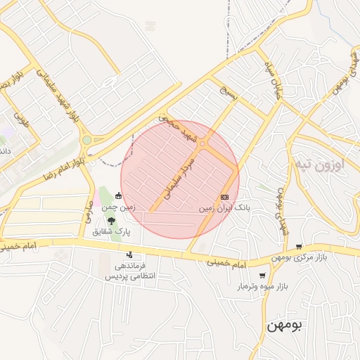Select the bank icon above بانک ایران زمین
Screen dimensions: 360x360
point(225,197)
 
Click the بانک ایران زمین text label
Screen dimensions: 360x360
point(224,209)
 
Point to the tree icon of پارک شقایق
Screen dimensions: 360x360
point(111,221)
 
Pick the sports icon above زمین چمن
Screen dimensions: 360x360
point(118,195)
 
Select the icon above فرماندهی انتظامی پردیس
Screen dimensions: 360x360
point(129,255)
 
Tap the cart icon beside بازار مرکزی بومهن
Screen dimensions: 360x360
point(300,247)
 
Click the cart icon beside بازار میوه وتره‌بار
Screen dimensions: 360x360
point(263,276)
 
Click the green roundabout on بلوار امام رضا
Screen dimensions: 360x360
point(86,140)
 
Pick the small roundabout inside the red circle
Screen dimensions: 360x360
point(202,144)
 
